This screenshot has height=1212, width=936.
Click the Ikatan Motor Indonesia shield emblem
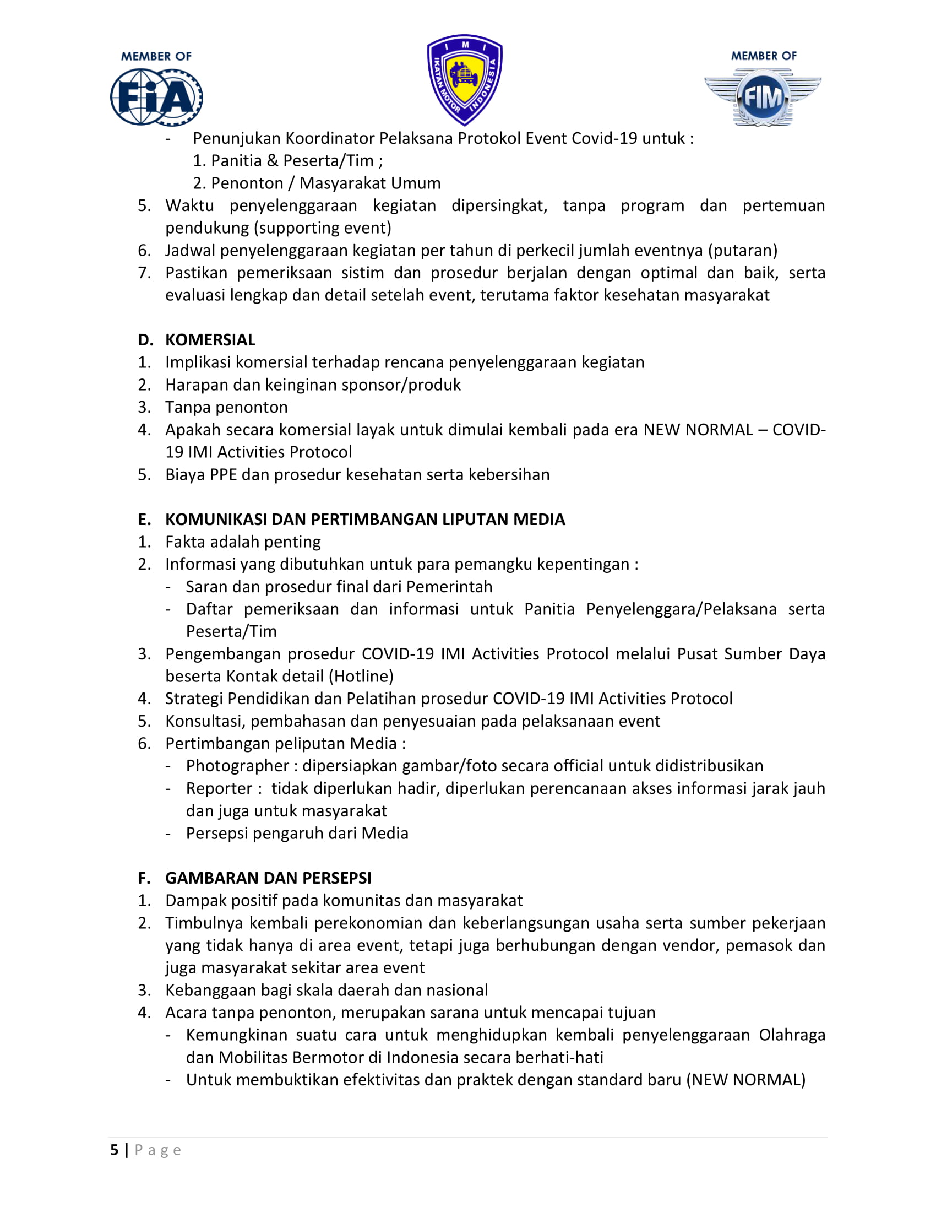465,80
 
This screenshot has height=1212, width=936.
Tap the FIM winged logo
763,98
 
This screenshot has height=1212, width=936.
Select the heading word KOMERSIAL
210,339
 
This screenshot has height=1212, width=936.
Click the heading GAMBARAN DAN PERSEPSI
268,878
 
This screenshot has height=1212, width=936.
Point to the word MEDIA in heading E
539,520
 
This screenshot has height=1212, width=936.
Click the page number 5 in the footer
114,1150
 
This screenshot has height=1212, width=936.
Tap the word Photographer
237,766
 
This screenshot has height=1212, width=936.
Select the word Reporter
219,788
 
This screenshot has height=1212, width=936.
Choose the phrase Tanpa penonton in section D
226,407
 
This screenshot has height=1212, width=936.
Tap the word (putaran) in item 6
743,250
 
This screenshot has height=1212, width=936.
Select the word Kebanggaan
210,990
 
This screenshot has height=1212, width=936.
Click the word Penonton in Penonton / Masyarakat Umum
247,183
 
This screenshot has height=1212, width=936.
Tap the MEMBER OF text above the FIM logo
764,56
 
